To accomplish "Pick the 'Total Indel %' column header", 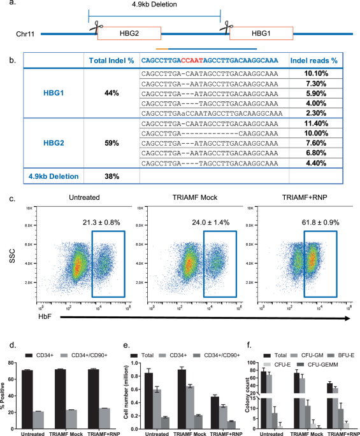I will click(112, 60).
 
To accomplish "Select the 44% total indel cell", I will click(112, 93).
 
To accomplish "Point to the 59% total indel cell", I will click(112, 143).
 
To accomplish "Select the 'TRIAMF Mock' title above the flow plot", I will click(193, 200).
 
